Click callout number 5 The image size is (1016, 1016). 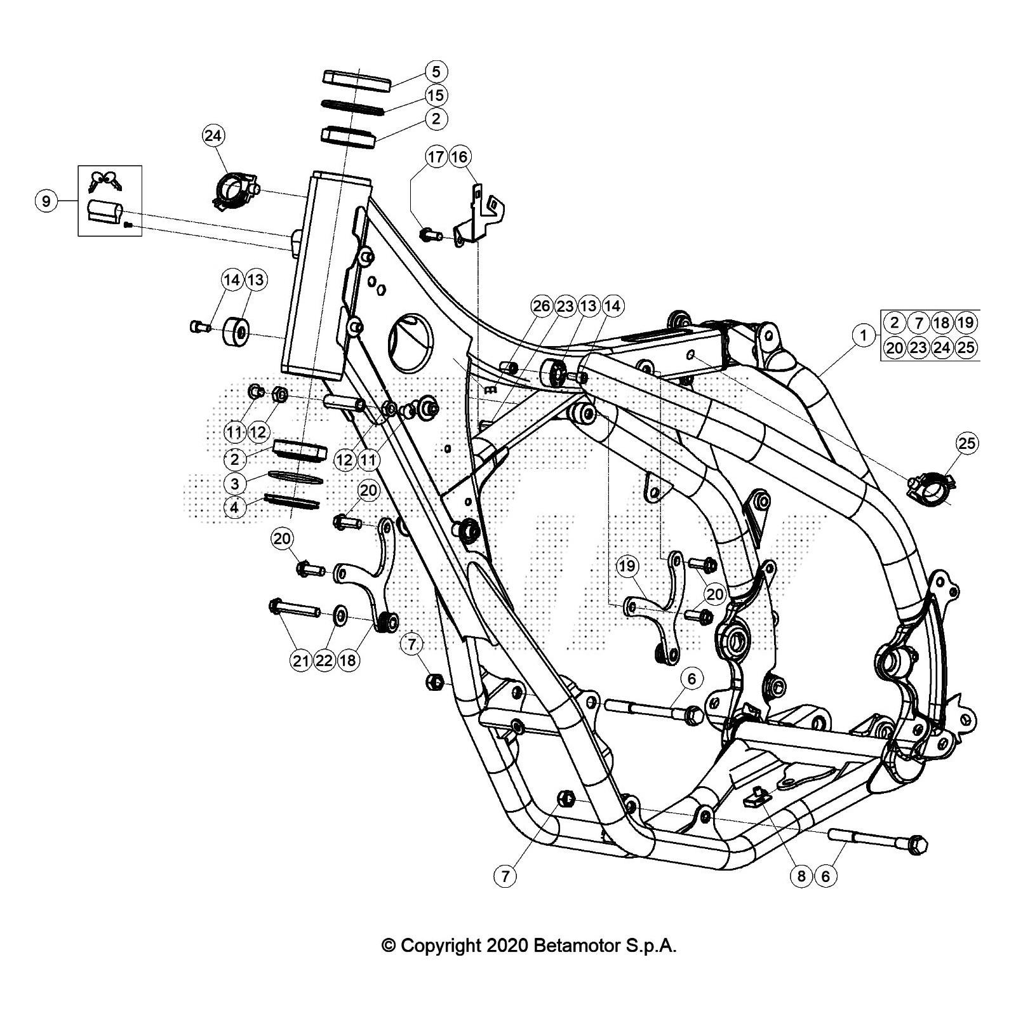click(x=436, y=70)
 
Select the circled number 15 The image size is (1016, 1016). click(x=436, y=95)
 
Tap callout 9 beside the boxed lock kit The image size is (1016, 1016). click(x=46, y=201)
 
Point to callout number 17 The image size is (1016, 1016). click(x=436, y=157)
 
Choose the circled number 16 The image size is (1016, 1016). click(x=460, y=157)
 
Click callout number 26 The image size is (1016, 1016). click(x=542, y=307)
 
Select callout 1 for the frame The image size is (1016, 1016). click(x=863, y=335)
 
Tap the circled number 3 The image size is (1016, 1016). click(x=235, y=483)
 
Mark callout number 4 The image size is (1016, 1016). click(x=235, y=507)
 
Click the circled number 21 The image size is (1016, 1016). click(x=300, y=660)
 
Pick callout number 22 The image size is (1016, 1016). click(x=324, y=660)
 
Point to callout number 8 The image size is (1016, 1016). click(x=801, y=876)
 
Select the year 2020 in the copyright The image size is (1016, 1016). click(x=507, y=946)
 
